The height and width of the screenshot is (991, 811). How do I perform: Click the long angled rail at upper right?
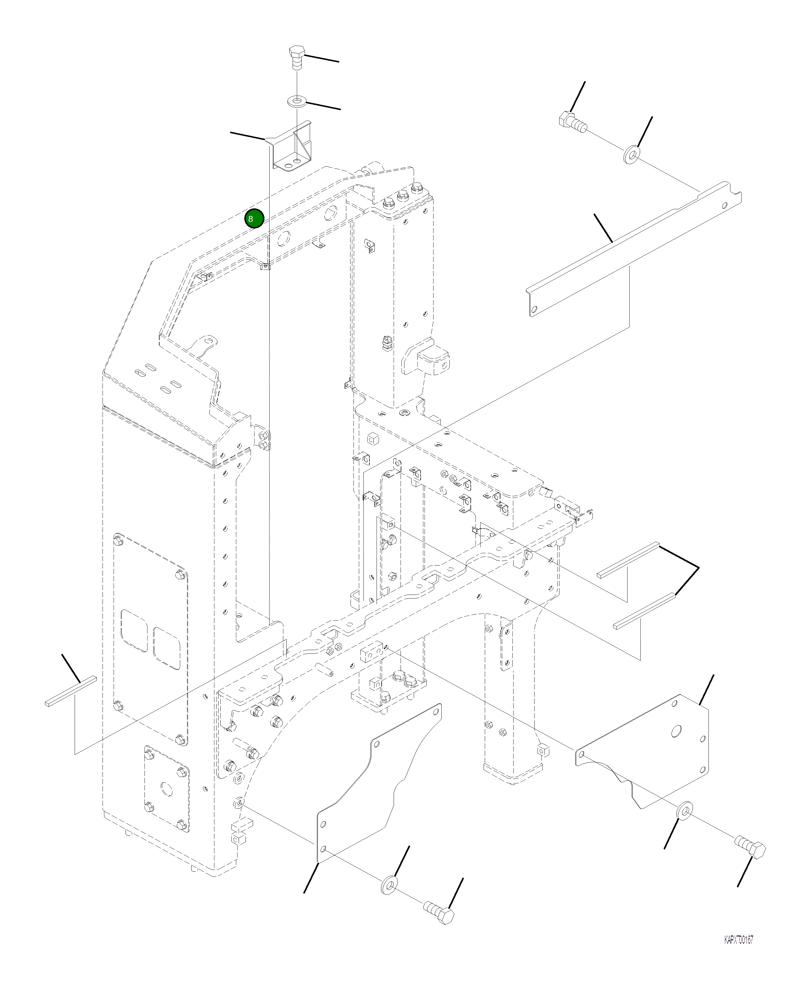tap(635, 248)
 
